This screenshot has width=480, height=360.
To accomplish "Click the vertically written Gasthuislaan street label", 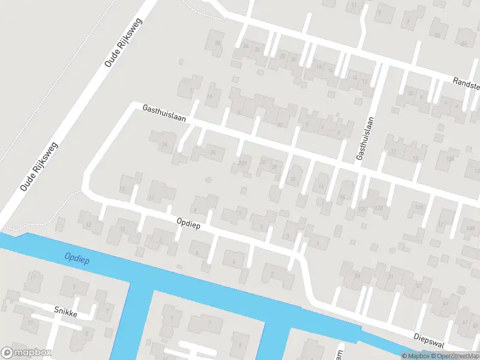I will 361,138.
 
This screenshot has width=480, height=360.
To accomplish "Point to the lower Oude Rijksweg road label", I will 38,166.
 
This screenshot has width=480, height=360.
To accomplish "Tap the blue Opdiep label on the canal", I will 76,257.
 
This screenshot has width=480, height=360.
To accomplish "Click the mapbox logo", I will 26,353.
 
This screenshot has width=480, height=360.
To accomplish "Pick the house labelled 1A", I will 209,96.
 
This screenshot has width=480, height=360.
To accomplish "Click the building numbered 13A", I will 451,159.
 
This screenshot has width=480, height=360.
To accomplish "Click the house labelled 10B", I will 470,229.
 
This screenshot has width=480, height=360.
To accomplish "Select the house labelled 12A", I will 362,210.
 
